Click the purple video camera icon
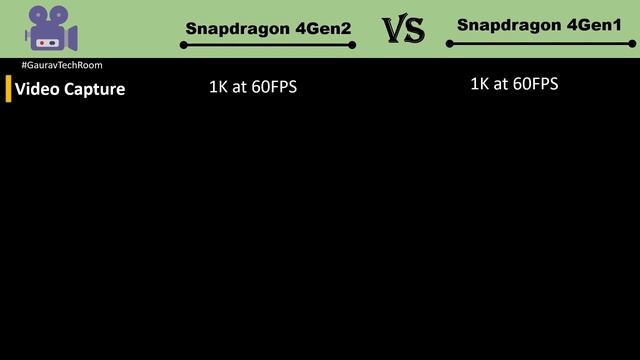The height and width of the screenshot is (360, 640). tap(50, 28)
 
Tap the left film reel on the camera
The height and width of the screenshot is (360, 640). tap(39, 15)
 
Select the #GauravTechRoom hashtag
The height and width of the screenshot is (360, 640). tap(61, 65)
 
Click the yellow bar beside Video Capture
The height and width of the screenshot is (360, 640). tap(8, 89)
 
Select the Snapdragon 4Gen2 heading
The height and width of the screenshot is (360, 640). tap(268, 29)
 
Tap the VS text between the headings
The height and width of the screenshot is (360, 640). tap(404, 30)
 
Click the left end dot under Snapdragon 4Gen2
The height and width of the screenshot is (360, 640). tap(184, 45)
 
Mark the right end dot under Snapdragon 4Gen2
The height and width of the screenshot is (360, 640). tap(353, 45)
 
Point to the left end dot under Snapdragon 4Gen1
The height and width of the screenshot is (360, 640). tap(449, 44)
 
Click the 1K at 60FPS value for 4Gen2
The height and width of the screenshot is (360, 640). tap(253, 87)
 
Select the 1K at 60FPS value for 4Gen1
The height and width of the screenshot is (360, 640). tap(514, 84)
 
